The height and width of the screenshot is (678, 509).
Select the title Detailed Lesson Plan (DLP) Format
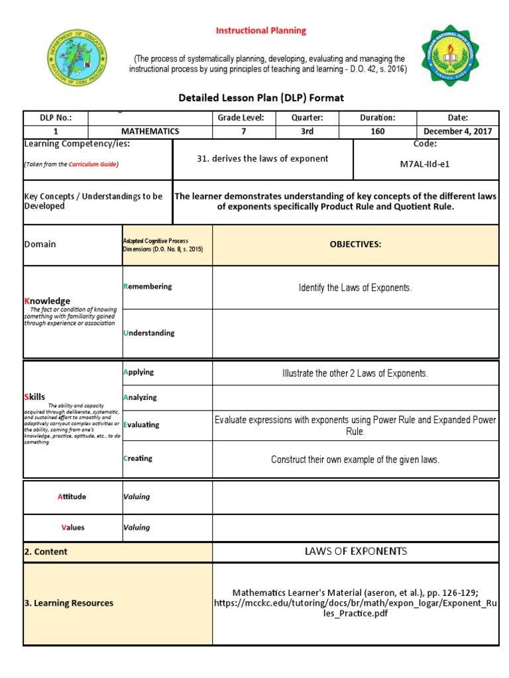click(261, 98)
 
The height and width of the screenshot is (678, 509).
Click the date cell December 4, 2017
click(457, 131)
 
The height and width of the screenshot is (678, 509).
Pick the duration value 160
click(377, 131)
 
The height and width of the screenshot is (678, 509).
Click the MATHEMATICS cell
click(150, 131)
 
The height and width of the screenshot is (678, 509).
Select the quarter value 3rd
click(307, 131)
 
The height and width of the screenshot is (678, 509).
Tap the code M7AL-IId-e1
click(425, 164)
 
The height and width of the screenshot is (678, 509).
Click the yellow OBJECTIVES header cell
click(355, 244)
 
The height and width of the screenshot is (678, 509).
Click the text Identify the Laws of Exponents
click(355, 287)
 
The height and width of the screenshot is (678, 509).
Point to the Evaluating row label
click(141, 425)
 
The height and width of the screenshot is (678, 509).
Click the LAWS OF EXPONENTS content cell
click(355, 552)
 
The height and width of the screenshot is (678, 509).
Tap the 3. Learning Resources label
click(69, 603)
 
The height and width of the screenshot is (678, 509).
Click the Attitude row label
click(72, 497)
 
